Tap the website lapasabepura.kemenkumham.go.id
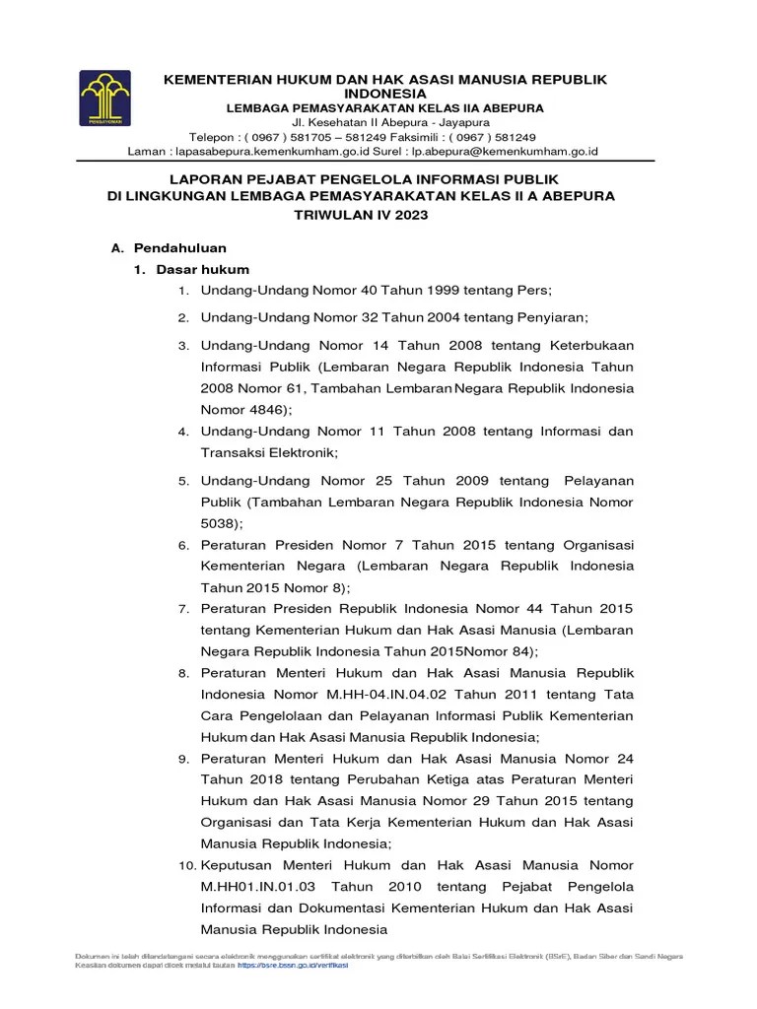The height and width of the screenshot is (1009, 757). pos(271,152)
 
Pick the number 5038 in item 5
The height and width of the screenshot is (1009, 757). pos(219,523)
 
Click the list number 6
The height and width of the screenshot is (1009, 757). pos(182,544)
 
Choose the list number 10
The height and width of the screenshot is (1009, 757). pos(185,864)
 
